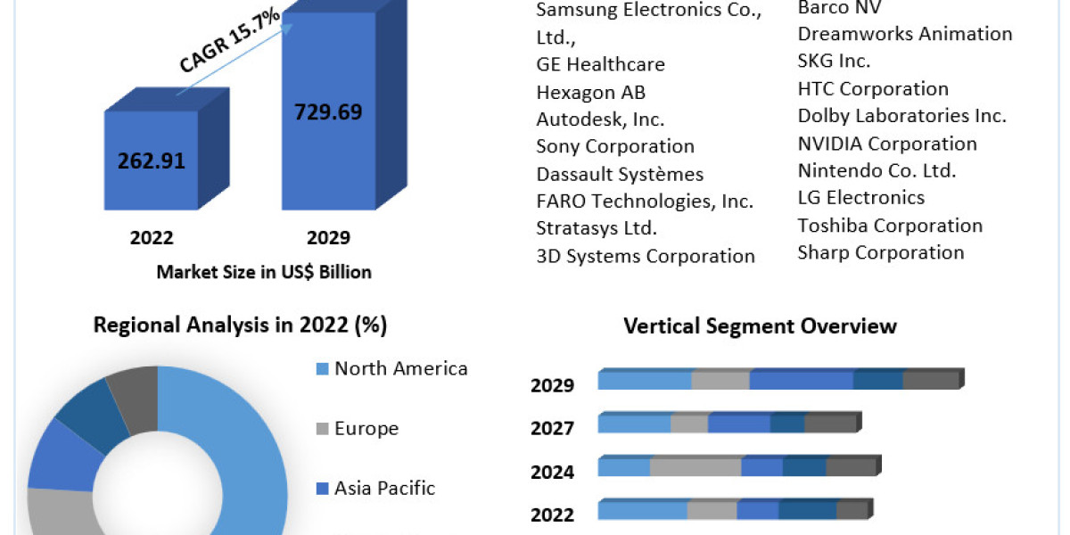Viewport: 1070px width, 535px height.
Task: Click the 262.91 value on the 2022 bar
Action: (151, 161)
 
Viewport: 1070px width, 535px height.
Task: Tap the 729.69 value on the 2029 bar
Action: (328, 111)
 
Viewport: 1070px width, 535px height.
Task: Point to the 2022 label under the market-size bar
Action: (151, 237)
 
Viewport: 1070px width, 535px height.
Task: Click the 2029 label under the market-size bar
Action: (327, 237)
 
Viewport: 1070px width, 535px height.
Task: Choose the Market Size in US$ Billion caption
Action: (263, 272)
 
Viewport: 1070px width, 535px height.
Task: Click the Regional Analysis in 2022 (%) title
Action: (240, 325)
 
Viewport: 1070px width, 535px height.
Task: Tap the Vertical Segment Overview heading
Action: (760, 326)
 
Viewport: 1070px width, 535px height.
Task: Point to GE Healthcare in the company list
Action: (600, 64)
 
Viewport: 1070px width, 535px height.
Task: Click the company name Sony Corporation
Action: (615, 146)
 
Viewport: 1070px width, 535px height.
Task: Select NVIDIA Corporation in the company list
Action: (887, 144)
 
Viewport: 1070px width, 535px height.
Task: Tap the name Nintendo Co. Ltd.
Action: (877, 170)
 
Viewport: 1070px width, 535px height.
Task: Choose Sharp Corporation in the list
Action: (881, 252)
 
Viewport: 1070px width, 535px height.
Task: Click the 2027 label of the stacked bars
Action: (552, 429)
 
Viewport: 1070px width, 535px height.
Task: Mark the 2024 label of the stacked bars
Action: (552, 472)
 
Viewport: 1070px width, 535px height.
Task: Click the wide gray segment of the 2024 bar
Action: (695, 467)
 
